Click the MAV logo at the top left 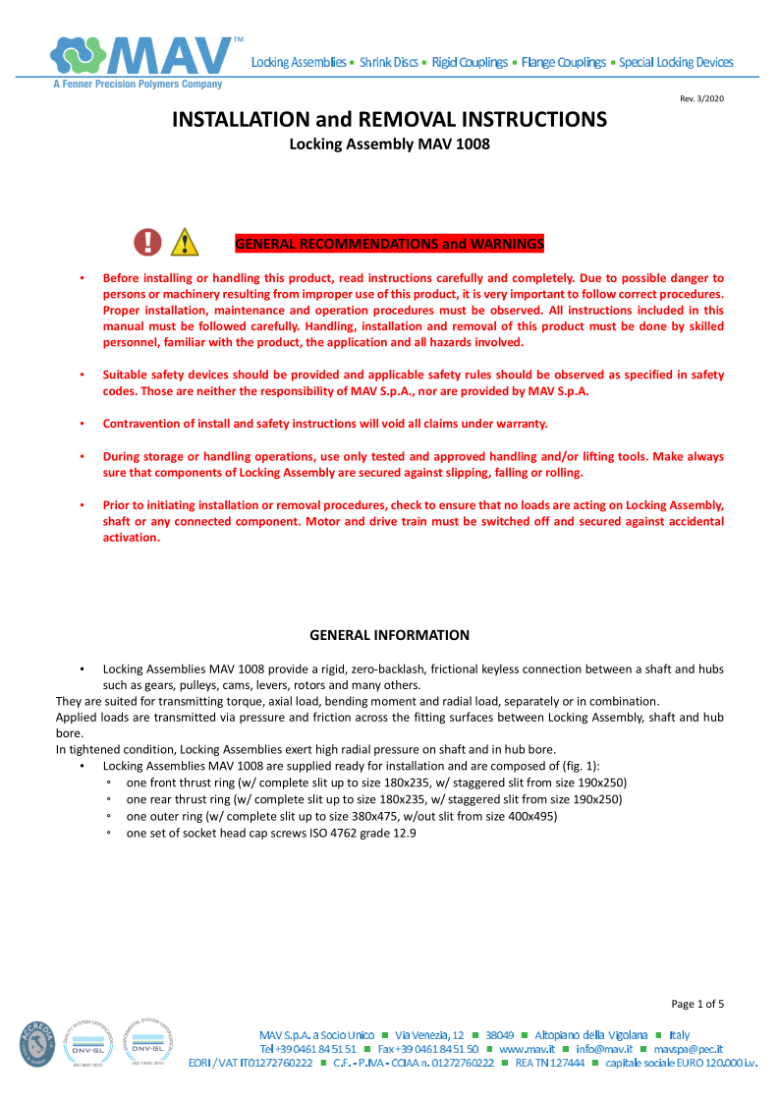click(x=147, y=56)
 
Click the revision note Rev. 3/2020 click(x=702, y=98)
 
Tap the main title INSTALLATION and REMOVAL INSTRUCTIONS click(x=390, y=120)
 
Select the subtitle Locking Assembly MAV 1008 click(x=389, y=144)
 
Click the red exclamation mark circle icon click(x=147, y=242)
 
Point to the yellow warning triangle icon click(x=184, y=243)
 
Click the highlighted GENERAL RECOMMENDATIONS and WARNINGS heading click(x=389, y=244)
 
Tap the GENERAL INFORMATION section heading click(x=389, y=635)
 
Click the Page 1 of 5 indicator click(x=697, y=1004)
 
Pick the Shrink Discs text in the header click(x=389, y=62)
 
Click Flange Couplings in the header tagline click(x=564, y=62)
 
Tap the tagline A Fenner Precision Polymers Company click(x=138, y=85)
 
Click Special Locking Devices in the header click(x=676, y=62)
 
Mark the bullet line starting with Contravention click(x=325, y=424)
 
